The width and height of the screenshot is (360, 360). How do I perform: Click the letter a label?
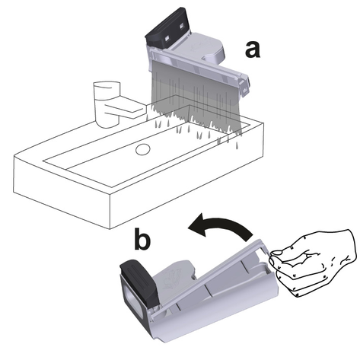click(x=253, y=49)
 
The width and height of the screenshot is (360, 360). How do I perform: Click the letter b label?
click(x=142, y=239)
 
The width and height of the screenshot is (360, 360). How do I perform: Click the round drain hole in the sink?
click(x=143, y=149)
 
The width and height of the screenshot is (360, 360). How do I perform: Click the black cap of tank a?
click(x=167, y=28)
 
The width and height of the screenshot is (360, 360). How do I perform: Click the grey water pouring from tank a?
click(x=196, y=101)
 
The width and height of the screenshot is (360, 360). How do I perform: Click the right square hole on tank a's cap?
click(x=182, y=26)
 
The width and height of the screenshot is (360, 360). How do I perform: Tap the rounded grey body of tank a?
click(x=203, y=47)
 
